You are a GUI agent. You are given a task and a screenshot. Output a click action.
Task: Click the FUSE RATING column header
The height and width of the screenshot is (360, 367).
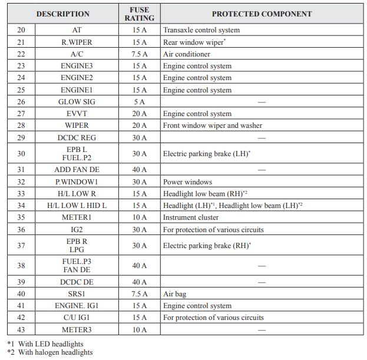pyautogui.click(x=139, y=14)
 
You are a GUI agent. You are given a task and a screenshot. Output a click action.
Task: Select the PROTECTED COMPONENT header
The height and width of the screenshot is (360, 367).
pyautogui.click(x=262, y=14)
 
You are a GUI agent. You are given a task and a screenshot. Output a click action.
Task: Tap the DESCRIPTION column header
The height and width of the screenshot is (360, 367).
pyautogui.click(x=63, y=14)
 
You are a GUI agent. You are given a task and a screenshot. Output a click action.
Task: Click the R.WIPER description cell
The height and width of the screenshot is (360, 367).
pyautogui.click(x=77, y=42)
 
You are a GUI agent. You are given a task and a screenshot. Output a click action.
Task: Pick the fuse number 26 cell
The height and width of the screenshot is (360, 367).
pyautogui.click(x=21, y=102)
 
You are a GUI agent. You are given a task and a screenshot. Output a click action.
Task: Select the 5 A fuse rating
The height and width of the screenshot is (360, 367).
pyautogui.click(x=139, y=102)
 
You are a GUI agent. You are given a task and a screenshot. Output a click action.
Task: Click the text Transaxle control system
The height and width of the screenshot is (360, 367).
pyautogui.click(x=201, y=30)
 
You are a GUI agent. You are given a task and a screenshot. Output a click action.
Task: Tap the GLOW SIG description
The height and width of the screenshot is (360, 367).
pyautogui.click(x=77, y=102)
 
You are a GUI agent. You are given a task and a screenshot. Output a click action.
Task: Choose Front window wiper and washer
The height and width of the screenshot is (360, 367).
pyautogui.click(x=213, y=125)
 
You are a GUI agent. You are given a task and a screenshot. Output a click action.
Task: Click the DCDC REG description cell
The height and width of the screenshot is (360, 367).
pyautogui.click(x=77, y=137)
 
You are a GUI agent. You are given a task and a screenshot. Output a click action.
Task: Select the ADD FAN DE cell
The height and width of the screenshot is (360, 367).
pyautogui.click(x=77, y=170)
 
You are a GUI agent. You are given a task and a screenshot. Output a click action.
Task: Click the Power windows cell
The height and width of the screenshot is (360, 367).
pyautogui.click(x=187, y=182)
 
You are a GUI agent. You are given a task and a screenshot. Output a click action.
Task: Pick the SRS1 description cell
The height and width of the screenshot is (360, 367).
pyautogui.click(x=77, y=294)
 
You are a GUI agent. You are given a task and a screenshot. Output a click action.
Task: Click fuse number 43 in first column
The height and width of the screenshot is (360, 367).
pyautogui.click(x=21, y=329)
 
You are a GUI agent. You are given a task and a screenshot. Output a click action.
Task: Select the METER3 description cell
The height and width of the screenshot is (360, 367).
pyautogui.click(x=77, y=329)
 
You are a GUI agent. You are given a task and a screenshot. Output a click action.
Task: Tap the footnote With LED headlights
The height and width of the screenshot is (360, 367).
pyautogui.click(x=50, y=344)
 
